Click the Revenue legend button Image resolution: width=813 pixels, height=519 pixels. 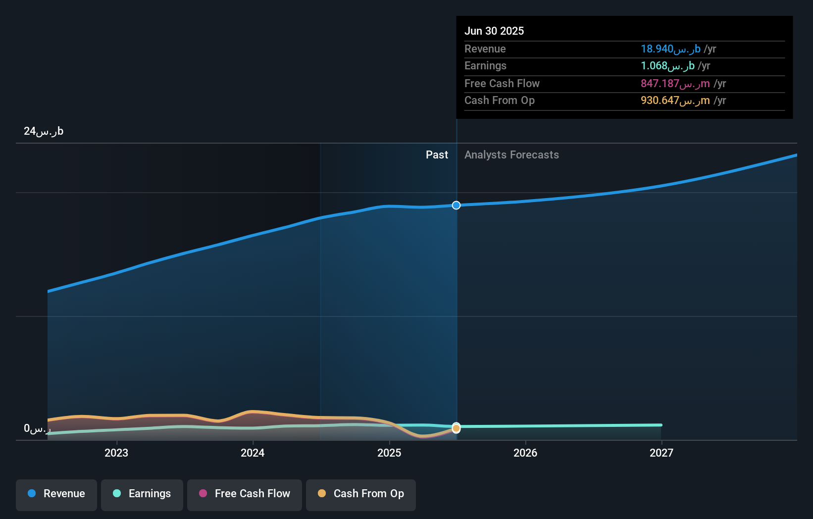[x=56, y=494]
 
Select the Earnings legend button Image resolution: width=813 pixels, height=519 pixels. [x=142, y=494]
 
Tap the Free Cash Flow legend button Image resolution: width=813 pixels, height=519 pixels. [x=245, y=494]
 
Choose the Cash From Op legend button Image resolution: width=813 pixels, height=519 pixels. [x=361, y=494]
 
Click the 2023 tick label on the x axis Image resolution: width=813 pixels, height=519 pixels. [x=116, y=453]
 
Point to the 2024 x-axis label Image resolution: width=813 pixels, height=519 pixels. [x=253, y=453]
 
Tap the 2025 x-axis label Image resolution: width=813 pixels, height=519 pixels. [x=389, y=453]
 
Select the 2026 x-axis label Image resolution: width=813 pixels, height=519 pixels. [x=525, y=453]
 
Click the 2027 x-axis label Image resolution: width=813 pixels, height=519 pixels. [x=661, y=453]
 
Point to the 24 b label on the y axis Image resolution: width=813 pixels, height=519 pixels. [x=44, y=131]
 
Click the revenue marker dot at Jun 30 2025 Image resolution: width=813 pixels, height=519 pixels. [x=456, y=205]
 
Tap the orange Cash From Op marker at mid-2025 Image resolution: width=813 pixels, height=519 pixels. [x=456, y=429]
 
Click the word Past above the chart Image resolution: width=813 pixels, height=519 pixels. [x=437, y=155]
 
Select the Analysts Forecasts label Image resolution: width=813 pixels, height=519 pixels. [x=511, y=155]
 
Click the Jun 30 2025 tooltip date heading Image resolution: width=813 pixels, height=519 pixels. [x=494, y=31]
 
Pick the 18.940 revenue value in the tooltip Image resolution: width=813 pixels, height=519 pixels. [x=670, y=49]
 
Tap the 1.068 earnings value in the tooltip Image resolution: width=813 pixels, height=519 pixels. [x=667, y=66]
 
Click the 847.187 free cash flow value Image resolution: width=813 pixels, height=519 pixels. [x=675, y=84]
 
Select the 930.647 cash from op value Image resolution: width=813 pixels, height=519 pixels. [x=675, y=101]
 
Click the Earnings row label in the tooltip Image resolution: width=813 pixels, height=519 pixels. [x=485, y=66]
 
